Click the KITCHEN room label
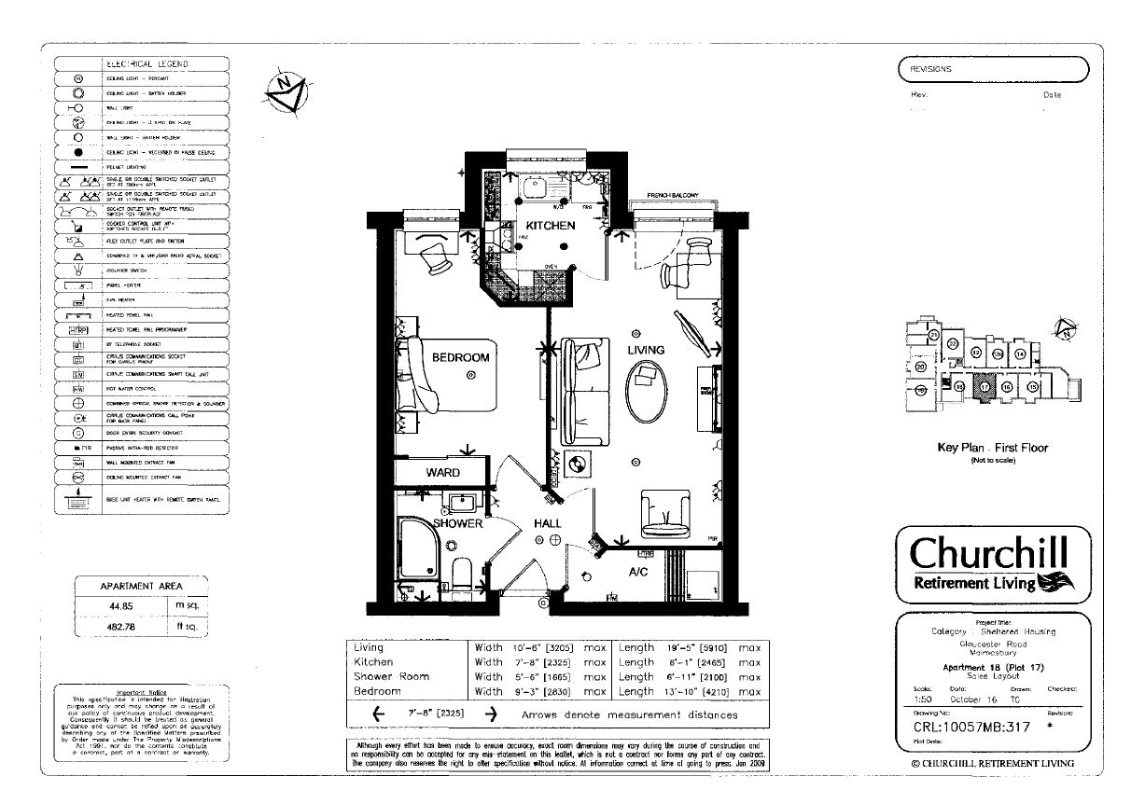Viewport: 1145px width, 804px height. tap(550, 226)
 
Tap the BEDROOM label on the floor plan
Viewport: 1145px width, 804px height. tap(460, 357)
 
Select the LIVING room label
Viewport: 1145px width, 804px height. tap(645, 350)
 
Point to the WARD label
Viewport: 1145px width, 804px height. tap(443, 473)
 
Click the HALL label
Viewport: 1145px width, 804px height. tap(548, 524)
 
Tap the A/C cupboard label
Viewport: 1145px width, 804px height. tap(638, 571)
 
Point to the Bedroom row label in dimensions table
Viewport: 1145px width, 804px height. tap(376, 691)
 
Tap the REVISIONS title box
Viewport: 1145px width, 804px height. tap(993, 69)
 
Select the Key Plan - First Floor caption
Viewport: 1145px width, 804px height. tap(992, 448)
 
